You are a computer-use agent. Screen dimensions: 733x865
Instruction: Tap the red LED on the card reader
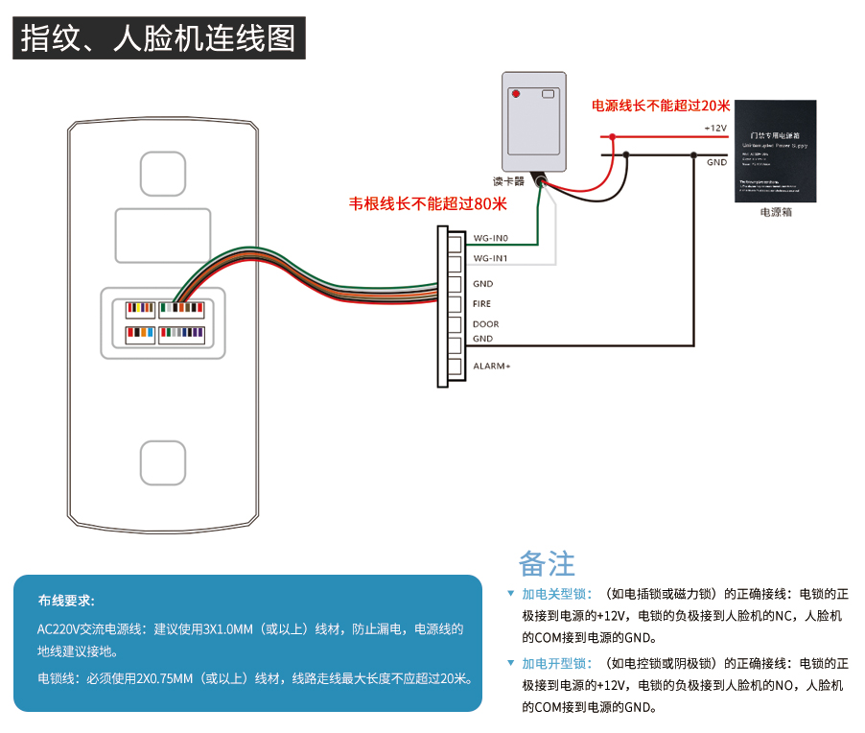(515, 95)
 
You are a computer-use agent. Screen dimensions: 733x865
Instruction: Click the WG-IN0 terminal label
(490, 238)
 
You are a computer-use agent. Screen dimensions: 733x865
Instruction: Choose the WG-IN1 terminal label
(490, 259)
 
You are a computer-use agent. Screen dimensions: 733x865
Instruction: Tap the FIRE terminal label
(481, 304)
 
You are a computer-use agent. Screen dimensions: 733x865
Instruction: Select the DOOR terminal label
(485, 324)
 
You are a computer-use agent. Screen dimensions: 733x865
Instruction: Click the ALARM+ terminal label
(491, 366)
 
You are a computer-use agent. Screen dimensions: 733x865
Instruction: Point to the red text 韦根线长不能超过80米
(428, 203)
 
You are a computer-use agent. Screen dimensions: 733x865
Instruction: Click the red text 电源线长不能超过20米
(661, 106)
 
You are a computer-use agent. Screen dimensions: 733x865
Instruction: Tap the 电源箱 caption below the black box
(775, 212)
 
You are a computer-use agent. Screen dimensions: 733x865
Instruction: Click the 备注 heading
(547, 562)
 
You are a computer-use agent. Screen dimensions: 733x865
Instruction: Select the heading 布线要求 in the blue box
(66, 601)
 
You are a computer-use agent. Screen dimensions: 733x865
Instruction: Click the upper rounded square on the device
(163, 174)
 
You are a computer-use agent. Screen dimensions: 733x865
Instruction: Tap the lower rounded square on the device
(163, 461)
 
